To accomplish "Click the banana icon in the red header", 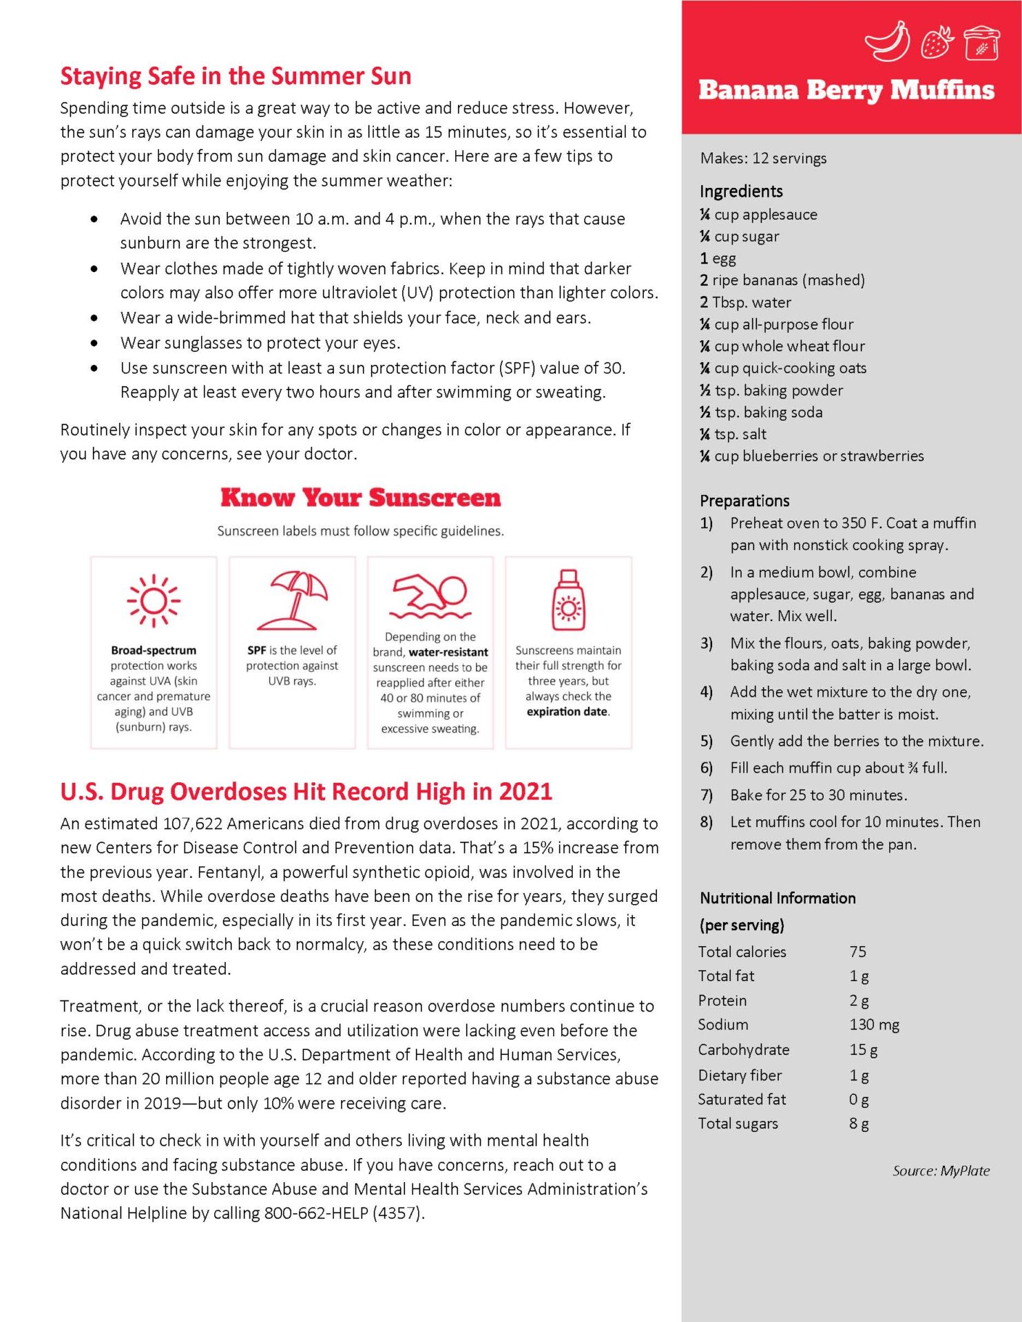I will coord(887,41).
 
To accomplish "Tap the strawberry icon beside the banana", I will coord(937,42).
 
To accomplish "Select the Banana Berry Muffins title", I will coord(846,91).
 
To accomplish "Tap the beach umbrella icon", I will coord(292,600).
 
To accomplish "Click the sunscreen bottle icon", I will coord(568,600).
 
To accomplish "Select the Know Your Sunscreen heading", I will coord(360,498).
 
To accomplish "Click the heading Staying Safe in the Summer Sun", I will coord(236,76).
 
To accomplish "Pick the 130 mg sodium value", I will coord(874,1025).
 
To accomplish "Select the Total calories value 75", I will coord(857,952).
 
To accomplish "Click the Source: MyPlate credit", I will coord(941,1171).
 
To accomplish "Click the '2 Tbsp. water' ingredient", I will coord(745,302).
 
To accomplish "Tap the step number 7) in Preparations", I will coord(706,795).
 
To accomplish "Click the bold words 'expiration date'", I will coord(567,712).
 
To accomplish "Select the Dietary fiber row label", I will coord(740,1075).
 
